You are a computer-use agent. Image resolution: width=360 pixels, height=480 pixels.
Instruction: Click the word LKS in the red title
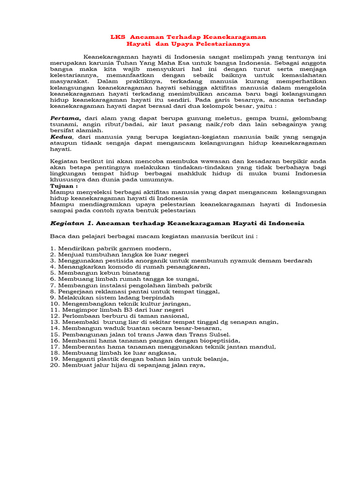(x=116, y=37)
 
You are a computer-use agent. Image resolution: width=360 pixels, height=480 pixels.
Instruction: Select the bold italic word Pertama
(x=66, y=118)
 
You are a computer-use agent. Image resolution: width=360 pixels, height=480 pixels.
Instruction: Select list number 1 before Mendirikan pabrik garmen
(x=52, y=248)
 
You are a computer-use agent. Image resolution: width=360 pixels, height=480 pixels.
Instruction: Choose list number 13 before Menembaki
(x=54, y=322)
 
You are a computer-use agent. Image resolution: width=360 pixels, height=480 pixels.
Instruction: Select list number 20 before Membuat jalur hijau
(x=54, y=366)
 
